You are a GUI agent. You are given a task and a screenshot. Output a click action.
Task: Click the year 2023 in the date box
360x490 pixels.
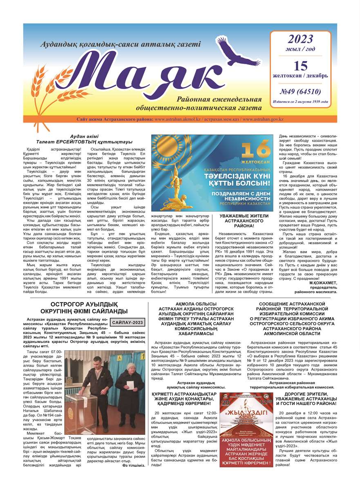click(300, 39)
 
